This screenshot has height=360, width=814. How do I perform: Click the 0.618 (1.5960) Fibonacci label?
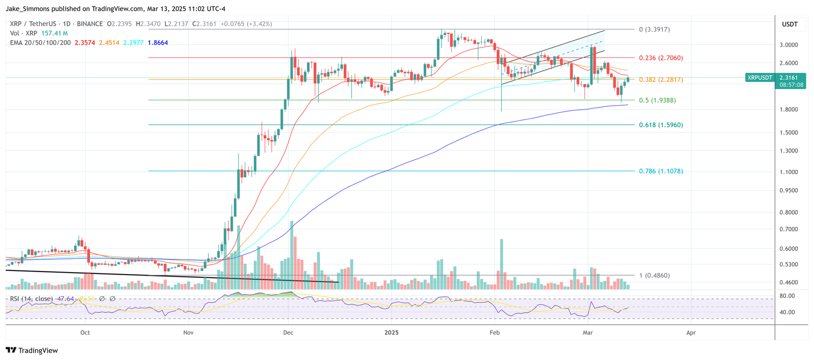click(x=660, y=125)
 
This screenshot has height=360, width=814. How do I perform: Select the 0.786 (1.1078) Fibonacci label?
click(x=660, y=171)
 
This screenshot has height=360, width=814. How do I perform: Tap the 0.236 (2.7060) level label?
click(x=660, y=58)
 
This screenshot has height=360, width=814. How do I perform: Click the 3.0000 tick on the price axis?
click(x=789, y=45)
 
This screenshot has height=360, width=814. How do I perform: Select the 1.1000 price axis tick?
click(x=789, y=172)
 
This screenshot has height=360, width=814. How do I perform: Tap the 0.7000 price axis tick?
click(x=789, y=229)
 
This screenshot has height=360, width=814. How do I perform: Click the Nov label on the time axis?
click(x=188, y=333)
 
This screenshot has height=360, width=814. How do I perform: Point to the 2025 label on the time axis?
click(x=391, y=333)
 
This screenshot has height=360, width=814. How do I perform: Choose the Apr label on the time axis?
click(x=691, y=333)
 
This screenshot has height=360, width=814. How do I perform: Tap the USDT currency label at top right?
click(x=790, y=24)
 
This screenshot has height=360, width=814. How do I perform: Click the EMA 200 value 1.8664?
click(x=158, y=43)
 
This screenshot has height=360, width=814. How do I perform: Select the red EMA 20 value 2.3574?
click(x=84, y=43)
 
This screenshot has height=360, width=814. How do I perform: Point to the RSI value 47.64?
click(x=66, y=298)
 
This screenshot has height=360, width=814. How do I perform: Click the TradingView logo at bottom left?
click(x=32, y=350)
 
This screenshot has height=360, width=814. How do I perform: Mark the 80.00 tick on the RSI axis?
click(x=787, y=296)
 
